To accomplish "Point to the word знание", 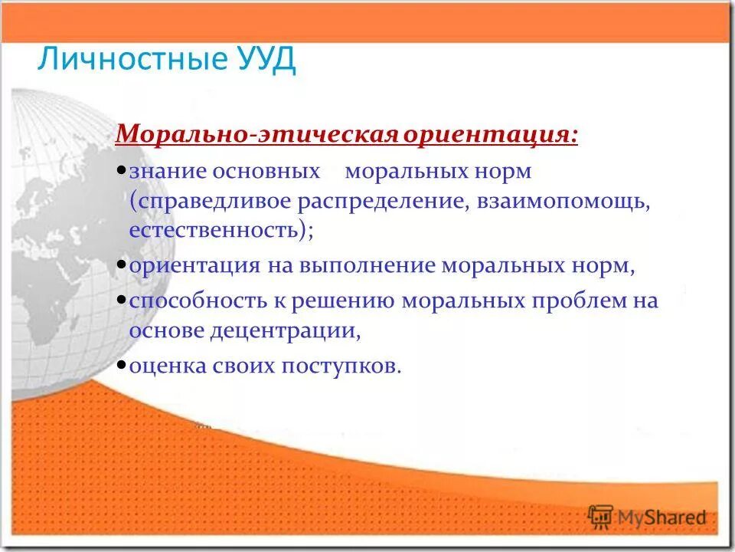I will click(x=168, y=171).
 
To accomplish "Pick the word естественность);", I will click(x=221, y=230).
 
